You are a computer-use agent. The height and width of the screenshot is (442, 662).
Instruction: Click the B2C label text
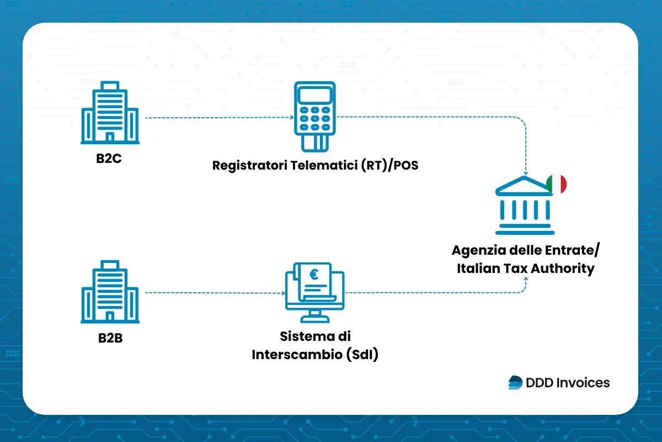[x=109, y=158]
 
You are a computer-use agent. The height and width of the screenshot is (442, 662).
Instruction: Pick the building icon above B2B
[x=110, y=292]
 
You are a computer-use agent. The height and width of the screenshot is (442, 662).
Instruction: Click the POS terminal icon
[x=314, y=116]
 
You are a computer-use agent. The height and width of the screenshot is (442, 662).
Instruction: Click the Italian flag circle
[x=557, y=184]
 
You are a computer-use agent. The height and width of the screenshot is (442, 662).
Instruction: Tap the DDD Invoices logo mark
[x=515, y=382]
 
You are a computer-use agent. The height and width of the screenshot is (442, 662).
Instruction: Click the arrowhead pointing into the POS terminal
[x=290, y=117]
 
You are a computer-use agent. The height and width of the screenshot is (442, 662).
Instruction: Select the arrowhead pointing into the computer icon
[x=281, y=292]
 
